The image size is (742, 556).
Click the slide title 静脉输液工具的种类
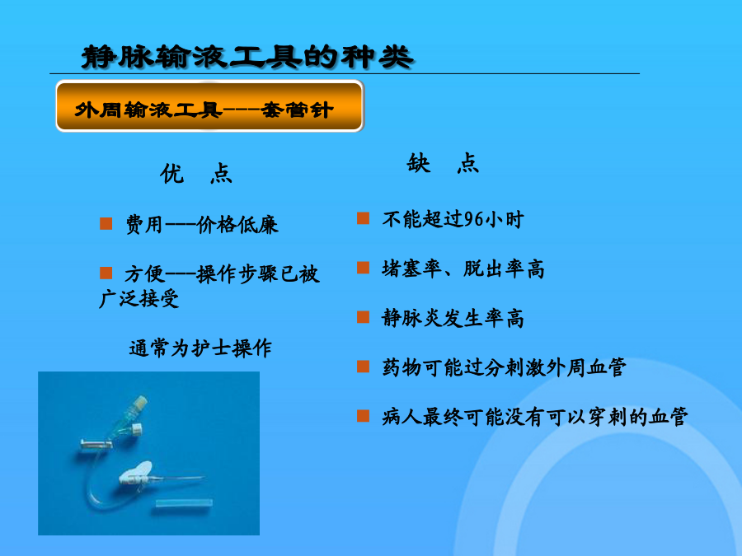point(247,57)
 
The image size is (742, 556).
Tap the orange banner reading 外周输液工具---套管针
point(209,106)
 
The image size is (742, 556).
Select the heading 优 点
point(196,174)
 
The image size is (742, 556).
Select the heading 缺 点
point(443,163)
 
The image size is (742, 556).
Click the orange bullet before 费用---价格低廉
point(106,223)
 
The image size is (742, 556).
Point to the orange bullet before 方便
point(106,273)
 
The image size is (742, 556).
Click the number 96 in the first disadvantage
point(474,219)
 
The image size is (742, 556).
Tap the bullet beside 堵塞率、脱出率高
point(363,268)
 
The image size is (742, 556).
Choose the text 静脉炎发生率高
point(453,318)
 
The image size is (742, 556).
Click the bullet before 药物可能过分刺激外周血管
point(363,367)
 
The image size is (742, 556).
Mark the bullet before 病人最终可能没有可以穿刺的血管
point(363,416)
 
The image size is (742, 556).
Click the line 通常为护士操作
point(200,348)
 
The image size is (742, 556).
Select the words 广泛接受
point(139,299)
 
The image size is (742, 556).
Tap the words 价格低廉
point(237,225)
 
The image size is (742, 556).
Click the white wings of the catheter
point(136,473)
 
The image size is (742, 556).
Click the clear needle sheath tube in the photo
point(184,502)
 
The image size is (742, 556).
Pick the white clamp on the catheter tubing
point(96,443)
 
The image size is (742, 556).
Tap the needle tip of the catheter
point(204,478)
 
